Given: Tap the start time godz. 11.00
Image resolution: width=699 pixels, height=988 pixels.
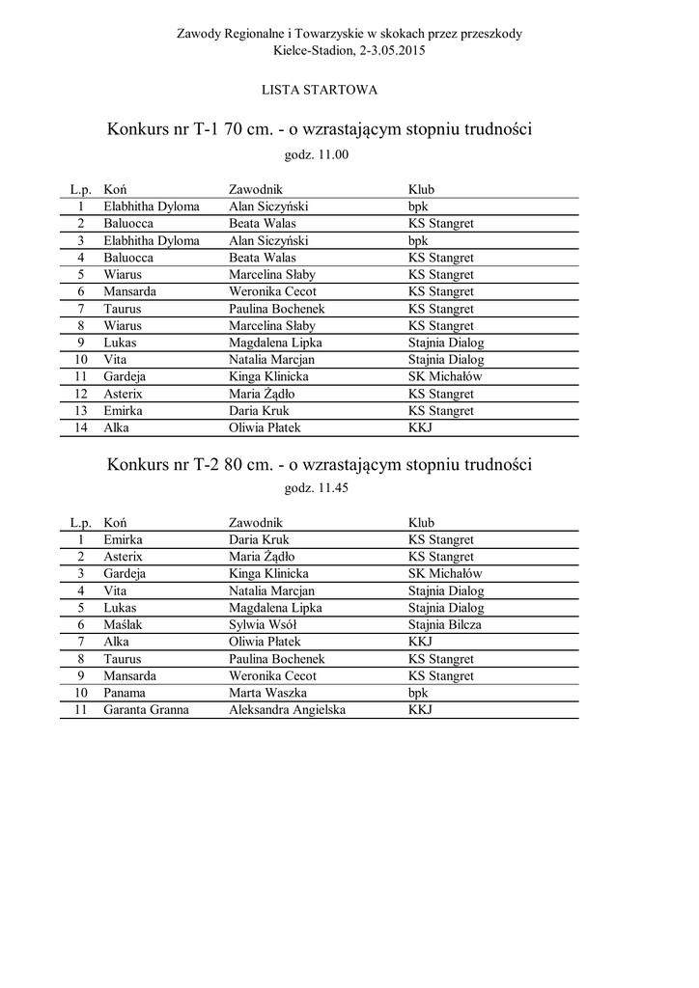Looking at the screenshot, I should click(x=316, y=154).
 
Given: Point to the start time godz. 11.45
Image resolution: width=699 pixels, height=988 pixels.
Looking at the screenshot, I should click(x=316, y=488).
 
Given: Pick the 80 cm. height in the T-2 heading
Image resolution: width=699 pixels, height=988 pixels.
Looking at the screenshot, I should click(x=243, y=464).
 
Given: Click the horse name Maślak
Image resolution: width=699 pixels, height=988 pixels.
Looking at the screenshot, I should click(x=123, y=625).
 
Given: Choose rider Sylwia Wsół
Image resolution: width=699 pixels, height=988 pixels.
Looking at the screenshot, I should click(x=262, y=625).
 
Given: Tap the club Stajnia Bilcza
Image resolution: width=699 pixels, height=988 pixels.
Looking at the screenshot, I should click(x=444, y=625).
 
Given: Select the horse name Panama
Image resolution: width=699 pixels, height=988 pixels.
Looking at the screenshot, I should click(x=125, y=693).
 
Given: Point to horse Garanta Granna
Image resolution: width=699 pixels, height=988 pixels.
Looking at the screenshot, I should click(x=146, y=710).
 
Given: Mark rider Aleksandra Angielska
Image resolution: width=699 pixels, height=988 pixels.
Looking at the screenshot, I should click(x=287, y=710).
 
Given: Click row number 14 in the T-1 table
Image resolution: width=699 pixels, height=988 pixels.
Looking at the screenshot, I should click(x=82, y=427).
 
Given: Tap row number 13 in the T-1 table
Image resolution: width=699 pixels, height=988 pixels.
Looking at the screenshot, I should click(x=82, y=411).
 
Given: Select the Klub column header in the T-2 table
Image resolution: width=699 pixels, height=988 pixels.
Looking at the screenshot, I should click(x=421, y=523).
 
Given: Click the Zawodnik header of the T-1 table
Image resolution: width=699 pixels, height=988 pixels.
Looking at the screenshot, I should click(x=255, y=189).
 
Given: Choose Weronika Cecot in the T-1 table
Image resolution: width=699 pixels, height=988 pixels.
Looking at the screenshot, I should click(x=272, y=291).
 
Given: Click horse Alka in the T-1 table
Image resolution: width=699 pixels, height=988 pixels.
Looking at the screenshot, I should click(x=116, y=427).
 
